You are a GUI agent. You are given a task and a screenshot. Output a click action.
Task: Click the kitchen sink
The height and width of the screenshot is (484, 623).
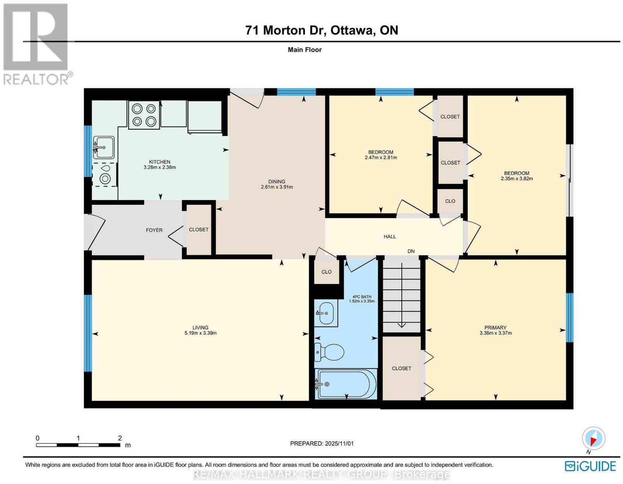point(104,147)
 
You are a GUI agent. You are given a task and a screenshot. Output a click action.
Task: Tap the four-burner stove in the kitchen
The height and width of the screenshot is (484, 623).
point(144,115)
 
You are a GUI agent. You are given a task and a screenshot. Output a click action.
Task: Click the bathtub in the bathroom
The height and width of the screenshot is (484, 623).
point(345,384)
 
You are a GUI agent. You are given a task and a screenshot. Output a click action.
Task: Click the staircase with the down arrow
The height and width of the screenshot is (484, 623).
point(401,295)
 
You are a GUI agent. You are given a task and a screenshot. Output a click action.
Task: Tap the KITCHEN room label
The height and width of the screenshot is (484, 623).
point(159,162)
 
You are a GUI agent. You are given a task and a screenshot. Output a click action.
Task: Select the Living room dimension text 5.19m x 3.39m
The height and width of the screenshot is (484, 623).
point(201,333)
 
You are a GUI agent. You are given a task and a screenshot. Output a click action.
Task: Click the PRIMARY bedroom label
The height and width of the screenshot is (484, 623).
point(495,327)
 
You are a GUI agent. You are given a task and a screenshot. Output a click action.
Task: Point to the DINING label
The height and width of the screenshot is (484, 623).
point(277,181)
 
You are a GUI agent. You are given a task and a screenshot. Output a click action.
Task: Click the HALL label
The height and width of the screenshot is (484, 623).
point(390,236)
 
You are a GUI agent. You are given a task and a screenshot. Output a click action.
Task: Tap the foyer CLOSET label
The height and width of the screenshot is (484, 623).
point(199,229)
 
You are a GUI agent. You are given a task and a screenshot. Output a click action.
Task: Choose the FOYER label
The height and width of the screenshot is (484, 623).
point(154,230)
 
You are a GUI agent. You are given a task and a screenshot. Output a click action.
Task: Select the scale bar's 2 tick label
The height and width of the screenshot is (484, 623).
point(120,438)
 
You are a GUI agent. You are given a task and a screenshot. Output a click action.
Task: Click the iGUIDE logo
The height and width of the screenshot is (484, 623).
point(590,466)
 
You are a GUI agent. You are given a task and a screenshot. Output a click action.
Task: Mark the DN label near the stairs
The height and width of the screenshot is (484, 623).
point(411,251)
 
